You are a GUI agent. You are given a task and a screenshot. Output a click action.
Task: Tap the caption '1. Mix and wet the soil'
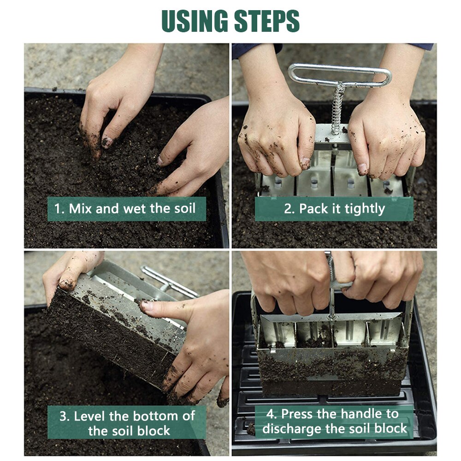tap(125, 208)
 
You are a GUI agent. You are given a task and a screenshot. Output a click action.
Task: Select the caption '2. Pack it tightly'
tap(334, 209)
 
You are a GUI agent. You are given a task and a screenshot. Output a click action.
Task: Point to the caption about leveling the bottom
tap(127, 423)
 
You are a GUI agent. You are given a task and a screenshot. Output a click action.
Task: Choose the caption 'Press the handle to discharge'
tap(335, 421)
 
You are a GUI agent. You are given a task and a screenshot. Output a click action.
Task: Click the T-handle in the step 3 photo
tap(168, 281)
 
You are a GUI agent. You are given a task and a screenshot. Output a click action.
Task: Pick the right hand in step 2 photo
tap(387, 138)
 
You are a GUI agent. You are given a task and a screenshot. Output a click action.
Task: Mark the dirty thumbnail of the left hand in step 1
tap(106, 142)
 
